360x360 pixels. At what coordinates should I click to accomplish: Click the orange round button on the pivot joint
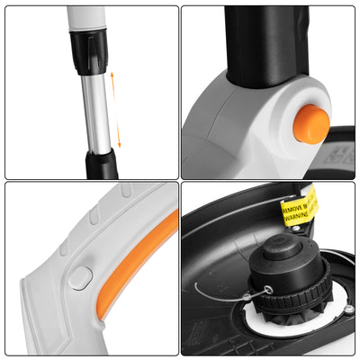(x=311, y=123)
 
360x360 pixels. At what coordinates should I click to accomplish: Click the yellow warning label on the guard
(x=301, y=206)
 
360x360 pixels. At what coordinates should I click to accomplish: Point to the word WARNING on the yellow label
(x=301, y=215)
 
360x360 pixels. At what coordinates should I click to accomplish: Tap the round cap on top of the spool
(x=282, y=247)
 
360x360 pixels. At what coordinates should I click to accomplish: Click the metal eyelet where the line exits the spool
(x=266, y=291)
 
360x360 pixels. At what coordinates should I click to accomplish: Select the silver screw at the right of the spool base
(x=348, y=310)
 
